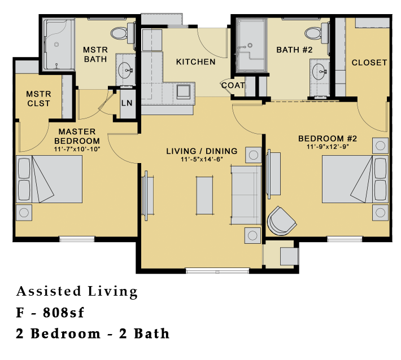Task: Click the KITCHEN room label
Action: pos(195,62)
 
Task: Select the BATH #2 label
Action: pos(294,50)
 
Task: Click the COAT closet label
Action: pos(233,85)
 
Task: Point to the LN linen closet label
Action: pos(127,103)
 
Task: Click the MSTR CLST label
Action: pos(38,99)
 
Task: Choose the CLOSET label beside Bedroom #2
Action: pos(369,63)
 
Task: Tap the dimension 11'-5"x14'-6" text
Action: pos(202,160)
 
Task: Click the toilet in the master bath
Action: pos(120,34)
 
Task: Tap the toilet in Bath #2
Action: pos(323,32)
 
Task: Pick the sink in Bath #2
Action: pos(320,72)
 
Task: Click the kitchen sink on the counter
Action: pos(185,91)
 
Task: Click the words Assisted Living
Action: pos(77,292)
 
